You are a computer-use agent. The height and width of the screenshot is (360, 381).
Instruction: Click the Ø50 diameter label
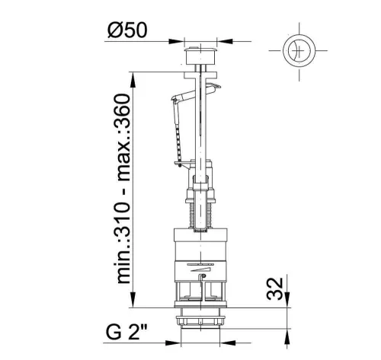click(x=127, y=30)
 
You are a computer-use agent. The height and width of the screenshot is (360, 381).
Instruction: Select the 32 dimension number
click(x=275, y=289)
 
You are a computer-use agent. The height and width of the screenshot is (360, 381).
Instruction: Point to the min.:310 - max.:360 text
click(x=123, y=189)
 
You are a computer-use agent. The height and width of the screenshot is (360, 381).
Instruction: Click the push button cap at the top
click(x=200, y=56)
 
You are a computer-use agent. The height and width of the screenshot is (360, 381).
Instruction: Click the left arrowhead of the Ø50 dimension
click(x=176, y=41)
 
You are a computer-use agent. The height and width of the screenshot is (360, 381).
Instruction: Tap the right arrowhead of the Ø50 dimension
click(x=225, y=41)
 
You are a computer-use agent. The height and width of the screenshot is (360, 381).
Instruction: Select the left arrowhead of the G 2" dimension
click(x=173, y=343)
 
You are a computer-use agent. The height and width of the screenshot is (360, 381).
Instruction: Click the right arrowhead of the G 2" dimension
click(x=228, y=343)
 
